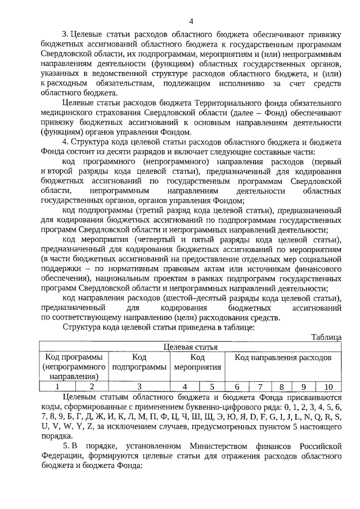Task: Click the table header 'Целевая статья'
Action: click(x=190, y=347)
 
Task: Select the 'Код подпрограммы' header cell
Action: click(x=139, y=362)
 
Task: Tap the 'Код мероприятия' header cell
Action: click(x=197, y=362)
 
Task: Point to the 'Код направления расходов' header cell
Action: click(x=282, y=357)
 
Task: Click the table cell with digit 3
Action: click(x=139, y=386)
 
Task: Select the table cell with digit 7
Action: click(x=260, y=386)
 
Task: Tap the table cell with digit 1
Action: click(x=57, y=386)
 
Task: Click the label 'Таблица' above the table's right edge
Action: click(x=326, y=337)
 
